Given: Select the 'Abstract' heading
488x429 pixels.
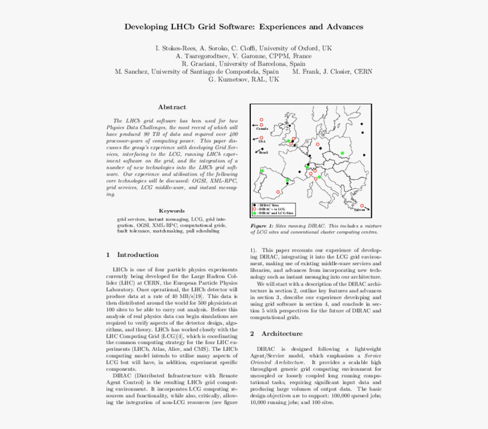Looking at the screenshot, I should click(x=171, y=107).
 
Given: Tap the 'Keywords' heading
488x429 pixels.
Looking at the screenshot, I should click(x=171, y=210).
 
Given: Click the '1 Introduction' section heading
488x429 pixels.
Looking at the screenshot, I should click(x=132, y=255).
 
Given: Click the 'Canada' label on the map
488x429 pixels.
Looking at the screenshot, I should click(x=262, y=129).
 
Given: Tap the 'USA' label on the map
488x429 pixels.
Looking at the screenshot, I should click(x=262, y=142).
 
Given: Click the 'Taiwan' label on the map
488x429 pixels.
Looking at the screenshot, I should click(x=360, y=210).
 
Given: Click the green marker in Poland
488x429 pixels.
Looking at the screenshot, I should click(x=343, y=153).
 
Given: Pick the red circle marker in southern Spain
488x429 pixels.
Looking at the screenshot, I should click(x=277, y=192).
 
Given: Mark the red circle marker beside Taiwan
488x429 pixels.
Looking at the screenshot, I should click(x=362, y=206).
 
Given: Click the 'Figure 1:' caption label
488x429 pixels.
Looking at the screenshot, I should click(x=262, y=226).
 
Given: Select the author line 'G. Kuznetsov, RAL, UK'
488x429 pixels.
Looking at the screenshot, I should click(x=243, y=80).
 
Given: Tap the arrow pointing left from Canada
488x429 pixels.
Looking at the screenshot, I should click(x=255, y=125).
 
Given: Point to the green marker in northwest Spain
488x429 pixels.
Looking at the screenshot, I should click(x=262, y=171).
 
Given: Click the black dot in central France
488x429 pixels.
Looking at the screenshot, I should click(x=300, y=172).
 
